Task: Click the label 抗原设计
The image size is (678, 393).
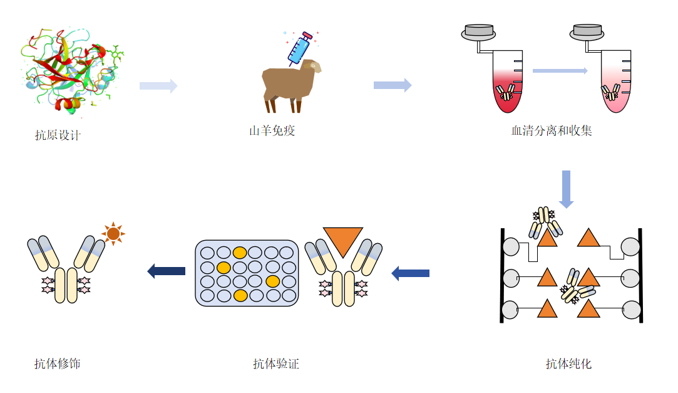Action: click(58, 135)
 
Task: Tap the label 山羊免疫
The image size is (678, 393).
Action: click(272, 131)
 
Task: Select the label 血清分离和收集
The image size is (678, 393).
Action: click(552, 131)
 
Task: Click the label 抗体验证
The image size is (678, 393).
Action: click(275, 364)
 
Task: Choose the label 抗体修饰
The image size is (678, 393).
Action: click(58, 364)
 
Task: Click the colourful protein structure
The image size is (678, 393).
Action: click(72, 72)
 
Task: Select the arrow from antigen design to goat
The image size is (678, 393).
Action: click(158, 86)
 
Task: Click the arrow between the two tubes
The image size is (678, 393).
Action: click(560, 71)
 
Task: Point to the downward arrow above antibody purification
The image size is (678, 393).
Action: click(566, 189)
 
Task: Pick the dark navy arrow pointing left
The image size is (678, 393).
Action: click(167, 271)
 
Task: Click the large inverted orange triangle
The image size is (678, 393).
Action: click(342, 241)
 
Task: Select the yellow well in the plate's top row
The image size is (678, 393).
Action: click(239, 253)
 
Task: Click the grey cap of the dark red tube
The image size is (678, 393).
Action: click(478, 30)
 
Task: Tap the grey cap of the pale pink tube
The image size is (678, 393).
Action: click(588, 30)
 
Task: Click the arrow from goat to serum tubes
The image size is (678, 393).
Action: click(392, 85)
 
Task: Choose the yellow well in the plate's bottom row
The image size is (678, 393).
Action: click(239, 295)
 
